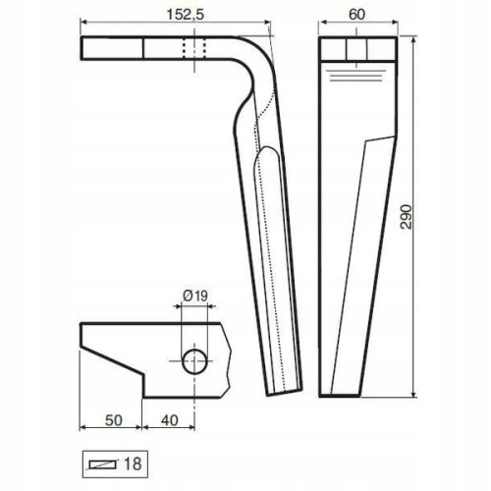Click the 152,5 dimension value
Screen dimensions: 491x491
click(x=186, y=15)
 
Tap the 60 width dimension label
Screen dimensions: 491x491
click(x=356, y=15)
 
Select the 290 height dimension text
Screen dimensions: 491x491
click(x=407, y=217)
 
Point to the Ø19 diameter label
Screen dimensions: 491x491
click(x=195, y=296)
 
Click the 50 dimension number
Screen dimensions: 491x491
click(x=114, y=420)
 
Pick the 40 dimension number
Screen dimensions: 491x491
click(x=170, y=420)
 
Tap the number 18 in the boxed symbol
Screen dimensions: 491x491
click(x=133, y=464)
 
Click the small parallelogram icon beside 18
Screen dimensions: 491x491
click(x=103, y=464)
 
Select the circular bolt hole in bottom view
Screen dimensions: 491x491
click(x=194, y=361)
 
